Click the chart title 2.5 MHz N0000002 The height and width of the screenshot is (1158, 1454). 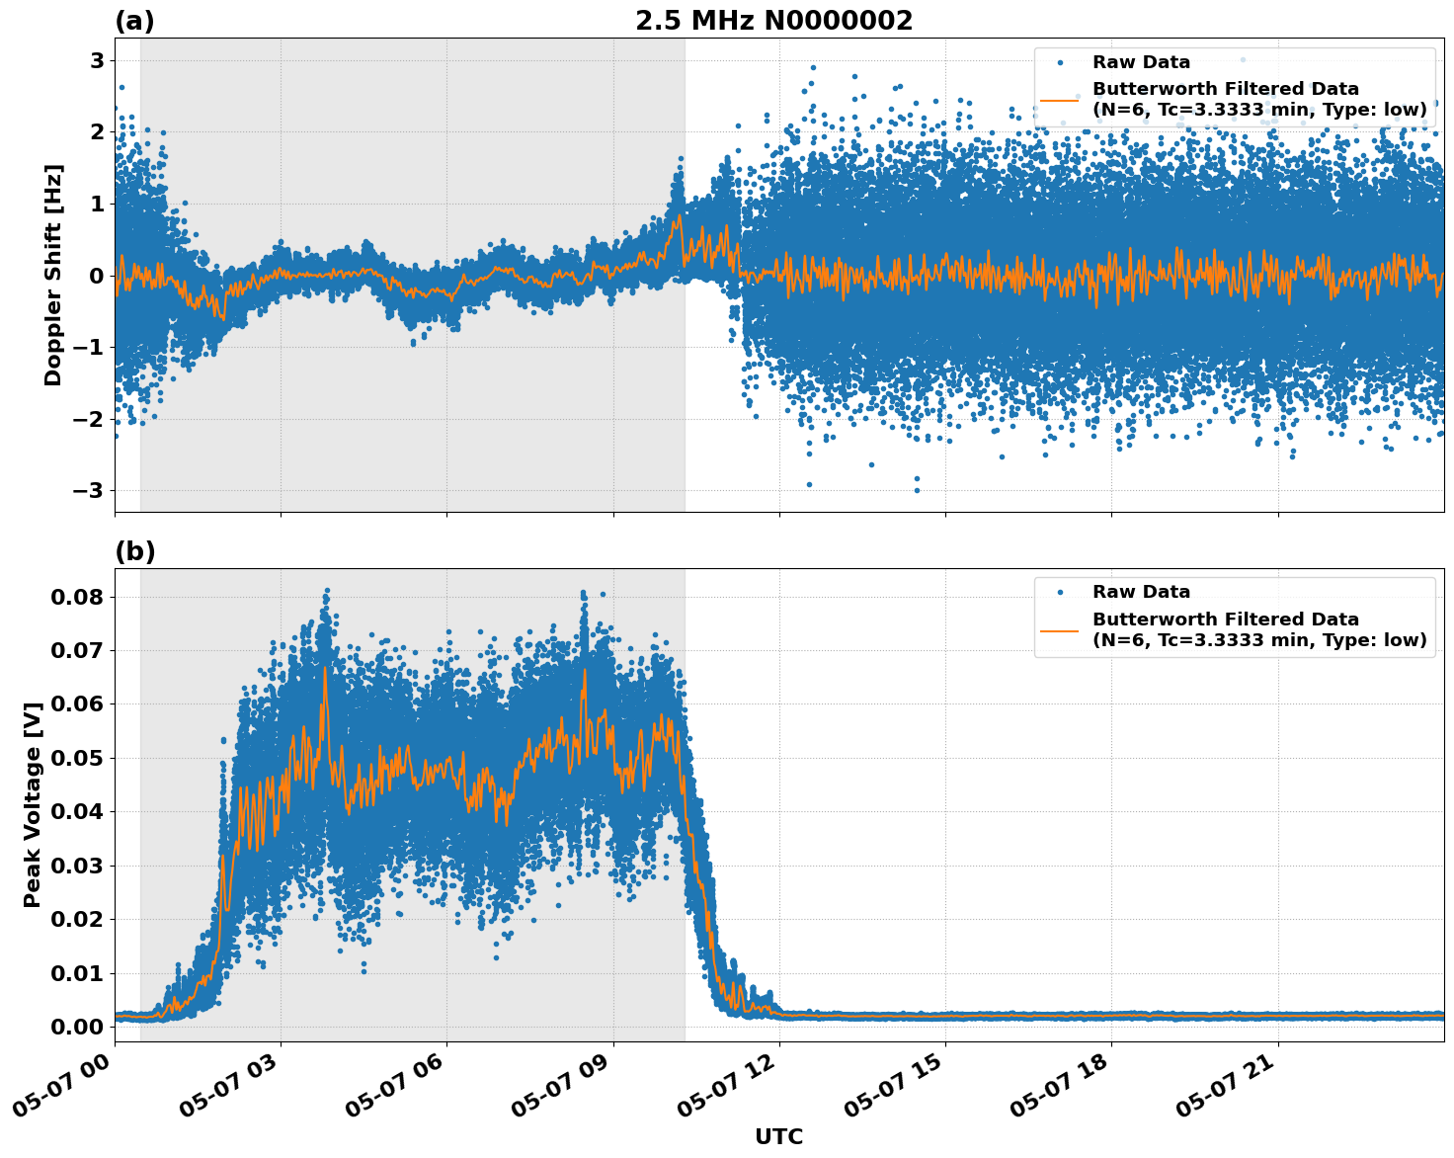pos(773,21)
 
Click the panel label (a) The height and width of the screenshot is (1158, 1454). pos(134,21)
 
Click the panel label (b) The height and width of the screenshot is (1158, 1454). pos(134,551)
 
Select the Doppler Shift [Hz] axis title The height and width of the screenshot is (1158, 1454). pos(53,275)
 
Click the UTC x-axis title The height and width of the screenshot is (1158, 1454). pos(778,1136)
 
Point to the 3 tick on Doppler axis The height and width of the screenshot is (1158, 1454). pos(97,61)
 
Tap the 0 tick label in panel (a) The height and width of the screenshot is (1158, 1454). pos(97,276)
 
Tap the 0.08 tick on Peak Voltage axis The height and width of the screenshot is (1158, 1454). pos(77,597)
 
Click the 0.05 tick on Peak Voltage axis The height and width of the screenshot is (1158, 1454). pos(77,758)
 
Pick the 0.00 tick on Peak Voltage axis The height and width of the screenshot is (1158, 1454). pos(77,1027)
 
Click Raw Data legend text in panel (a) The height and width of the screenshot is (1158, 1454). pos(1141,62)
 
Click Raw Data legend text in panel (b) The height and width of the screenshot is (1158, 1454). pos(1141,592)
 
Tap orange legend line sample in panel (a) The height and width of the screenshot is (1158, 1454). pos(1059,100)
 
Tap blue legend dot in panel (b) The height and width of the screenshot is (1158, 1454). pos(1060,593)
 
